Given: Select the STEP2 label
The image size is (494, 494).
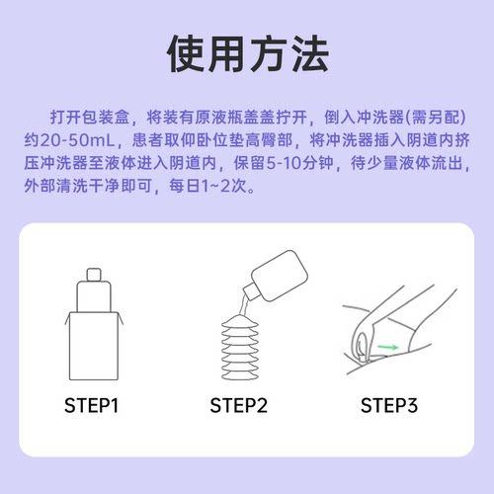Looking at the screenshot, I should click(x=240, y=404).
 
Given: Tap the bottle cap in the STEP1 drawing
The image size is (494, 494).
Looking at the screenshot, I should click(x=95, y=274).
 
